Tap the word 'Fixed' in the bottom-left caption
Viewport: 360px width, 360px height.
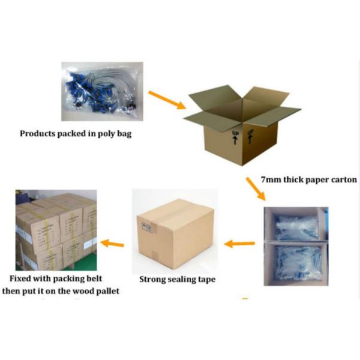click(22, 278)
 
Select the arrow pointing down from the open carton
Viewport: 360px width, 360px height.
click(254, 187)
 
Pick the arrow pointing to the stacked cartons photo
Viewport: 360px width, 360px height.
click(112, 243)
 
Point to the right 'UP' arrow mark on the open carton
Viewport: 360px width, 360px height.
click(251, 134)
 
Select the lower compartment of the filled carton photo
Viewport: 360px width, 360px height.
click(296, 262)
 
